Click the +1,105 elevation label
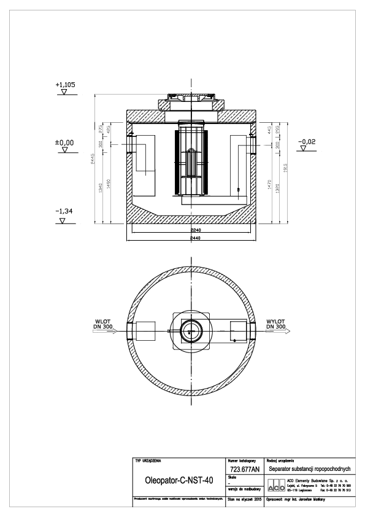click(x=65, y=85)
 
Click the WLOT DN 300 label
click(x=100, y=324)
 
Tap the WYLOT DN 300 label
click(x=276, y=324)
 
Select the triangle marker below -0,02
click(x=303, y=151)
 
